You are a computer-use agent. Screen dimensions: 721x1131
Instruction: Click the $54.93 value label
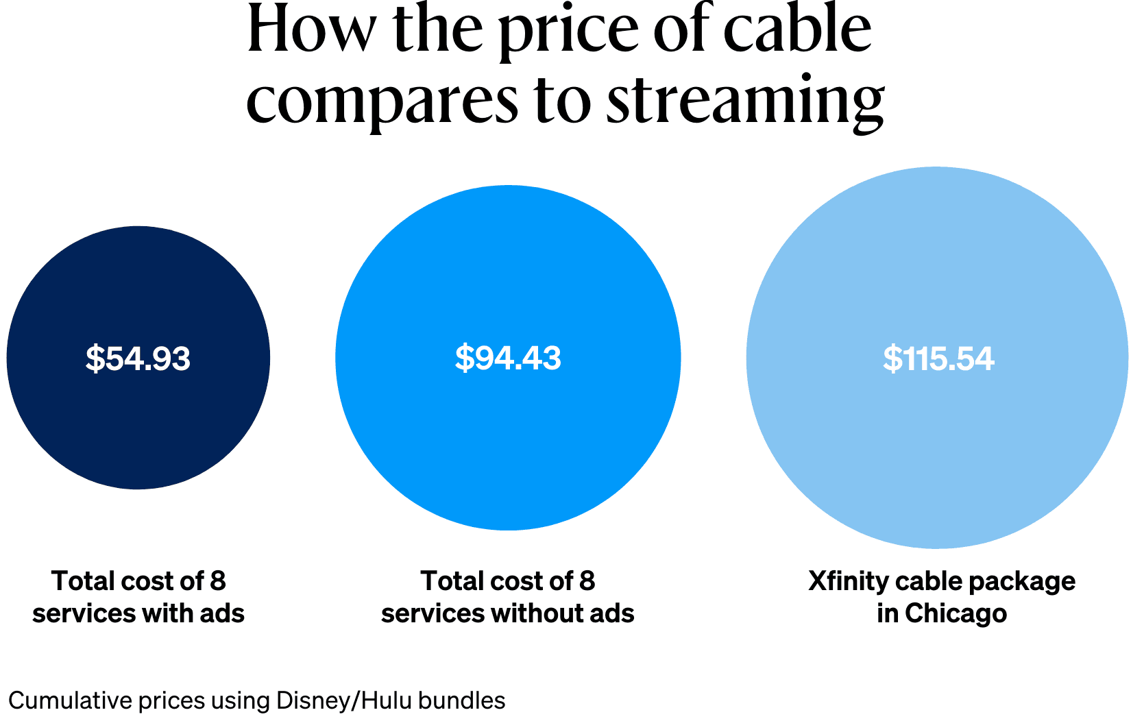(138, 358)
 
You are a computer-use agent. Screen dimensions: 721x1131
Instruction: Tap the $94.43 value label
(508, 358)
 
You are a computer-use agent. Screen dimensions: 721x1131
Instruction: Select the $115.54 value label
(938, 358)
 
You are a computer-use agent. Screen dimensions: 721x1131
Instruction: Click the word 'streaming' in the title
(745, 101)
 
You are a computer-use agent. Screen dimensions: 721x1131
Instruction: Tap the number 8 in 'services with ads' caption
(218, 581)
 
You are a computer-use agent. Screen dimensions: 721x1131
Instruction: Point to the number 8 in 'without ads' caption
(587, 581)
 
